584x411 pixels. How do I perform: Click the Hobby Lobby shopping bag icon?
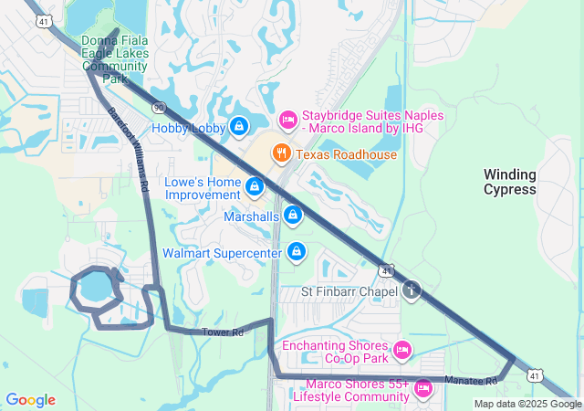click(239, 126)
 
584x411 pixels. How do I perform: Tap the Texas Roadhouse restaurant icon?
click(283, 153)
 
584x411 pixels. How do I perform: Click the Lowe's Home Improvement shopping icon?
click(255, 187)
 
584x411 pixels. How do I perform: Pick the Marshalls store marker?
click(293, 216)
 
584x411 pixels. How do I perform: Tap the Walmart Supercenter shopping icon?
click(297, 250)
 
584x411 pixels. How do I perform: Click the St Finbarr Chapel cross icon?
click(412, 290)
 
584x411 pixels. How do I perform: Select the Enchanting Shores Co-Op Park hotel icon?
click(402, 350)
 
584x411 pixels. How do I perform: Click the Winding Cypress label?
click(510, 181)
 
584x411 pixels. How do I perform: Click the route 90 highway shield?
click(160, 107)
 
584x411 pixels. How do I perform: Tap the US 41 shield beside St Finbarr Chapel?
click(387, 271)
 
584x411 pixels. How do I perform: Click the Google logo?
click(30, 400)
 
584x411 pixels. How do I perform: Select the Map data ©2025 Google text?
click(527, 404)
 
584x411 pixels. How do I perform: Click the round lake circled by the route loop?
click(93, 290)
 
